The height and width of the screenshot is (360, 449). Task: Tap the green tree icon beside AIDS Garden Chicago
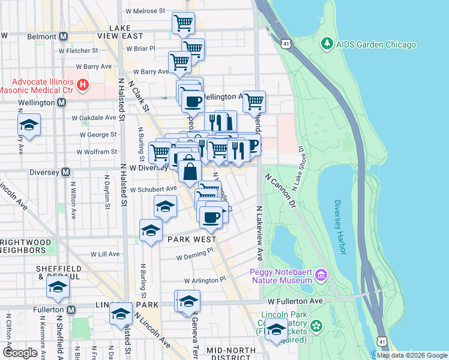coord(327,44)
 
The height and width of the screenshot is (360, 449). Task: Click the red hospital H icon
coord(82,86)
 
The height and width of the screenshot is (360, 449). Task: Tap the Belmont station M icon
coord(62,36)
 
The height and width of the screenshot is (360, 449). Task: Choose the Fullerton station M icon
coord(71,310)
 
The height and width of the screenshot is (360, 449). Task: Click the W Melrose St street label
coord(145,11)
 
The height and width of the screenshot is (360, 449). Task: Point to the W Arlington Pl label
coord(205,280)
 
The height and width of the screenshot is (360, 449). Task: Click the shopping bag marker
coord(190,170)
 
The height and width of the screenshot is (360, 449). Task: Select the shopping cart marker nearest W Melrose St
coord(183,24)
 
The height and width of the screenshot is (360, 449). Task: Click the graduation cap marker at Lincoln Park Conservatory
coord(276,329)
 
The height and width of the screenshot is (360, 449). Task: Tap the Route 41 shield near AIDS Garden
coord(286,44)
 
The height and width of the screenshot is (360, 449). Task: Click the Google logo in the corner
coord(20,353)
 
